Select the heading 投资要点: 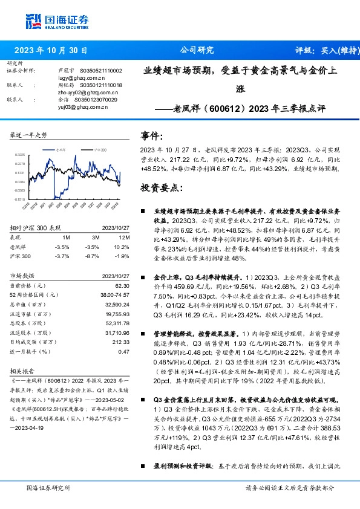[161, 188]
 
